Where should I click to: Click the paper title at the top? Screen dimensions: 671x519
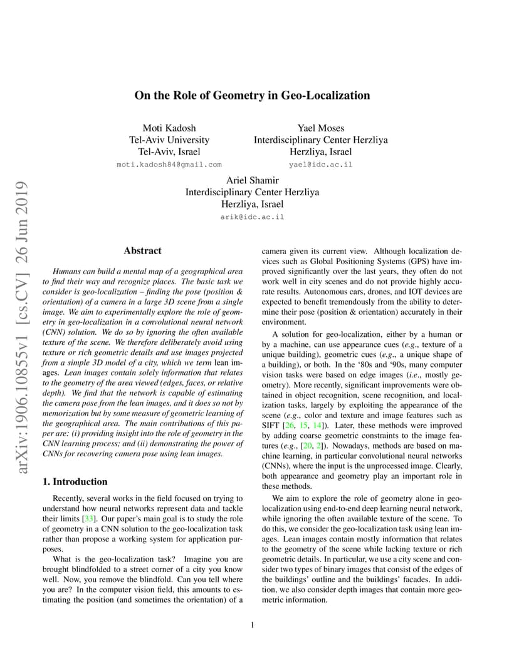click(252, 96)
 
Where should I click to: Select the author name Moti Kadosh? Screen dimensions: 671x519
click(169, 128)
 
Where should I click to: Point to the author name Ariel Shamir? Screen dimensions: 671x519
click(252, 181)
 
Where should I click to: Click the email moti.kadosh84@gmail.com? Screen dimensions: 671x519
click(169, 165)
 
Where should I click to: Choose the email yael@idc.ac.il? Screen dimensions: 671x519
click(320, 165)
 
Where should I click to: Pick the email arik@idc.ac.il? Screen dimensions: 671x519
click(252, 217)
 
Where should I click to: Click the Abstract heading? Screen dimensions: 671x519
click(142, 251)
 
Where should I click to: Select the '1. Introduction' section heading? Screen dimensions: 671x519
click(74, 482)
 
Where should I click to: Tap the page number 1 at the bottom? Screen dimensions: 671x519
click(252, 625)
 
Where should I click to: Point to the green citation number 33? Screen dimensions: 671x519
click(89, 519)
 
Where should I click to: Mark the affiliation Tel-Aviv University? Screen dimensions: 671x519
click(169, 140)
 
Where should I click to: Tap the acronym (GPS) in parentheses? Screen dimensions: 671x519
click(402, 262)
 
